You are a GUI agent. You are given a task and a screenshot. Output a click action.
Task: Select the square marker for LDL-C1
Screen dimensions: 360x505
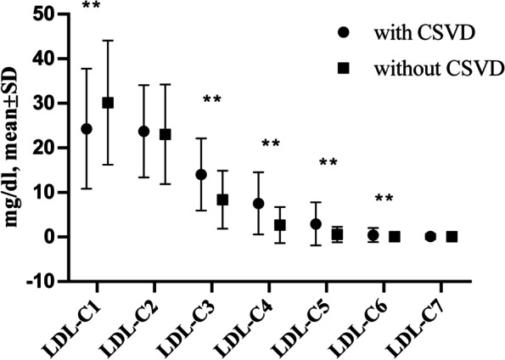(x=108, y=103)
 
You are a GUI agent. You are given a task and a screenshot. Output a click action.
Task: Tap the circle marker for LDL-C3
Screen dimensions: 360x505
(x=201, y=174)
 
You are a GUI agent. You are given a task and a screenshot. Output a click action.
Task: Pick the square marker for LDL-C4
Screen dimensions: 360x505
(x=280, y=225)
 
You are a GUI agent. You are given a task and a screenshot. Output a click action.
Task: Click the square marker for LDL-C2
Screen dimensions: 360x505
(x=166, y=134)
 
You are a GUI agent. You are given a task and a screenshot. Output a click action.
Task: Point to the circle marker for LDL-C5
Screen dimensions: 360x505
(x=316, y=224)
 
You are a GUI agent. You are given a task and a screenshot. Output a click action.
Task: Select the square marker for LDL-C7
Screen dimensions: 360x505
(x=452, y=237)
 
